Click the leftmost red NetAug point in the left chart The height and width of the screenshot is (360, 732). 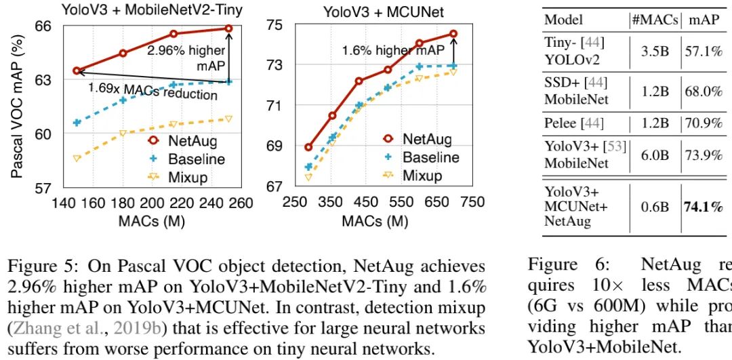tap(77, 71)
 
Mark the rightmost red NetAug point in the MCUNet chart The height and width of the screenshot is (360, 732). tap(453, 33)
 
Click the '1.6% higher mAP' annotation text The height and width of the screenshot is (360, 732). tap(393, 50)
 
